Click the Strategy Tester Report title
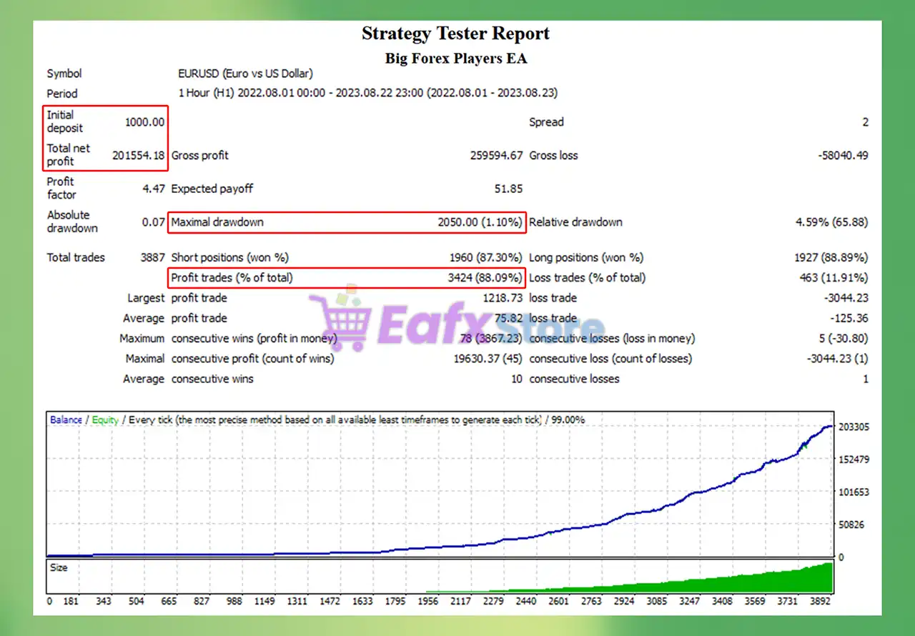(455, 34)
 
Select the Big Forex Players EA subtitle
(455, 59)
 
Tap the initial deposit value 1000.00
(144, 122)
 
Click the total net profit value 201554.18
(139, 155)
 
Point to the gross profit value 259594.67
(496, 155)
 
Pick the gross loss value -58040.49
(843, 155)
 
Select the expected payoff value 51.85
(508, 189)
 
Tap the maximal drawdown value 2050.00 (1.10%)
(480, 222)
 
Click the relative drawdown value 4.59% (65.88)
(831, 222)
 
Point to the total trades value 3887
(153, 257)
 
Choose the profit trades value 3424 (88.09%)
(485, 277)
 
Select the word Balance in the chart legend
(66, 420)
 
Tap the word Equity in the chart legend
(104, 420)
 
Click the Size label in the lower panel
(59, 567)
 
